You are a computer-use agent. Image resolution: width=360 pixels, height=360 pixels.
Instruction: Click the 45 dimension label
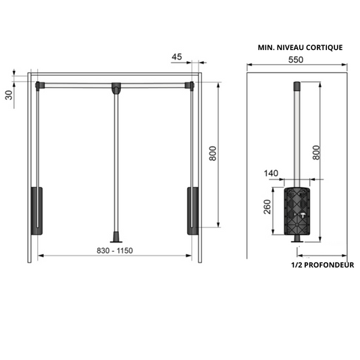point(177,57)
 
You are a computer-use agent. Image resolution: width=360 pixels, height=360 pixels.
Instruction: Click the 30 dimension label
point(9,94)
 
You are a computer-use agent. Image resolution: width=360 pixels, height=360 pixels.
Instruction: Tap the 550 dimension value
point(297,59)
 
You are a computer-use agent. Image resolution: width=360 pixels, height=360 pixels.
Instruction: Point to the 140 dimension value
point(272,174)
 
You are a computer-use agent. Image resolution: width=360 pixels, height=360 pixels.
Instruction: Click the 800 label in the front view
point(212,154)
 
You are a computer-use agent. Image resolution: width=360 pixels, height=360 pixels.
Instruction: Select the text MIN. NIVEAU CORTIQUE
point(300,47)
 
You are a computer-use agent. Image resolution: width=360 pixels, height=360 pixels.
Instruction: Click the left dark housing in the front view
point(36,210)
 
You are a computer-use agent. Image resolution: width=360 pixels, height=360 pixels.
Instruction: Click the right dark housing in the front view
point(192,210)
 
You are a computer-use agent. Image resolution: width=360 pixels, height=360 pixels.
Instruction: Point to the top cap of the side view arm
point(295,86)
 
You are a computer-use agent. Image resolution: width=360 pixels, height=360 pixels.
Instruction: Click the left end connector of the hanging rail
point(40,85)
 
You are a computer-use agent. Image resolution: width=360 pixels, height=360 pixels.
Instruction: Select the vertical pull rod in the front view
point(117,162)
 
